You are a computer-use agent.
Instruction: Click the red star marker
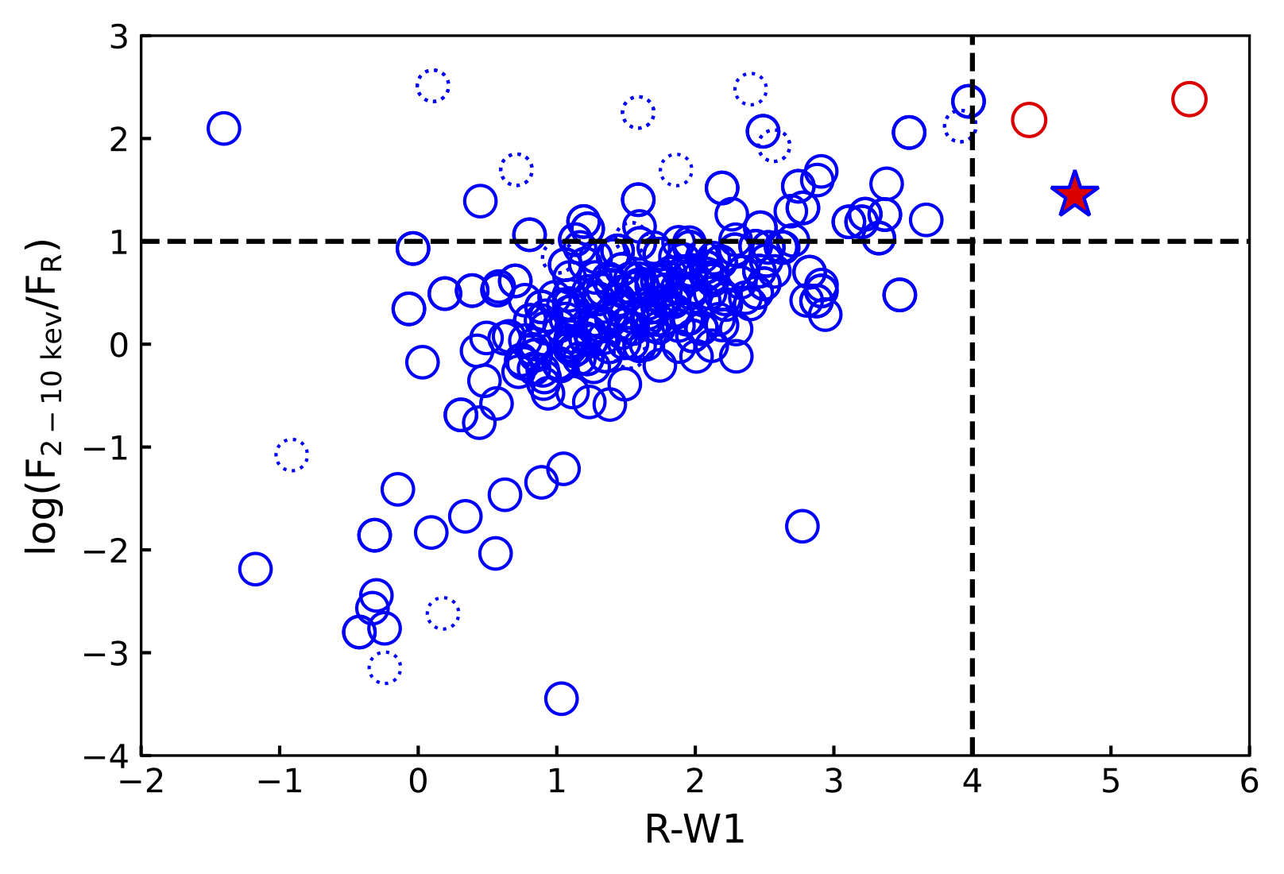point(1074,195)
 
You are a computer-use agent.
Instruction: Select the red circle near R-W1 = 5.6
point(1189,99)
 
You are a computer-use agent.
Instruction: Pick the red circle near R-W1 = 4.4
point(1028,120)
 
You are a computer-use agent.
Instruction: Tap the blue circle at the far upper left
point(224,128)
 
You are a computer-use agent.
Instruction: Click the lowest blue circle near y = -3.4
point(561,698)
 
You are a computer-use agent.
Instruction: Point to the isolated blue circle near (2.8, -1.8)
point(802,526)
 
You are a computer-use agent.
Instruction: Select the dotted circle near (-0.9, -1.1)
point(292,455)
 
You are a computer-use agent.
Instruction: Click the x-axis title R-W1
point(694,831)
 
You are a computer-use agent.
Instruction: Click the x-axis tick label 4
point(972,783)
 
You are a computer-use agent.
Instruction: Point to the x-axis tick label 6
point(1249,783)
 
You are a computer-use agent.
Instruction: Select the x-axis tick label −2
point(141,783)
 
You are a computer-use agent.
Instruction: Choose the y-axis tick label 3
point(118,37)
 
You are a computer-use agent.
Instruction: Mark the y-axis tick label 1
point(118,242)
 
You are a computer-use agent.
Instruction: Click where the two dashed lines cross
point(973,241)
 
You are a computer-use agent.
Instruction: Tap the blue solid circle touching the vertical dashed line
point(969,102)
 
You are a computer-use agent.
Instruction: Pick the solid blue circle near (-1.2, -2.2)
point(255,569)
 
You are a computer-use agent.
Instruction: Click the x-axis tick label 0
point(418,783)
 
